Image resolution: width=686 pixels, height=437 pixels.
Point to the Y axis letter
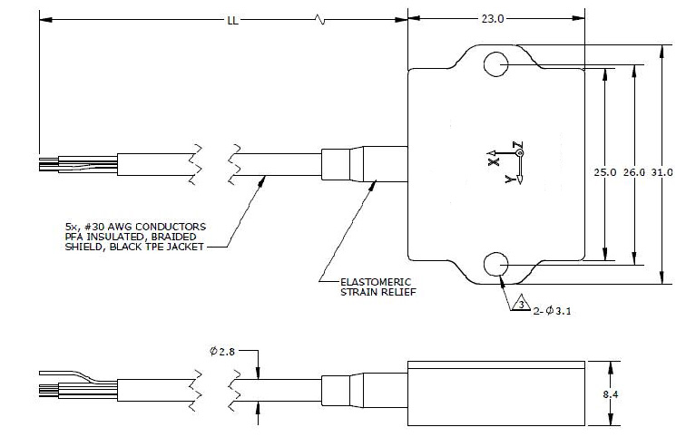[508, 180]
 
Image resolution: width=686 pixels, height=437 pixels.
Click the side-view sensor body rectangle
[498, 394]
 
